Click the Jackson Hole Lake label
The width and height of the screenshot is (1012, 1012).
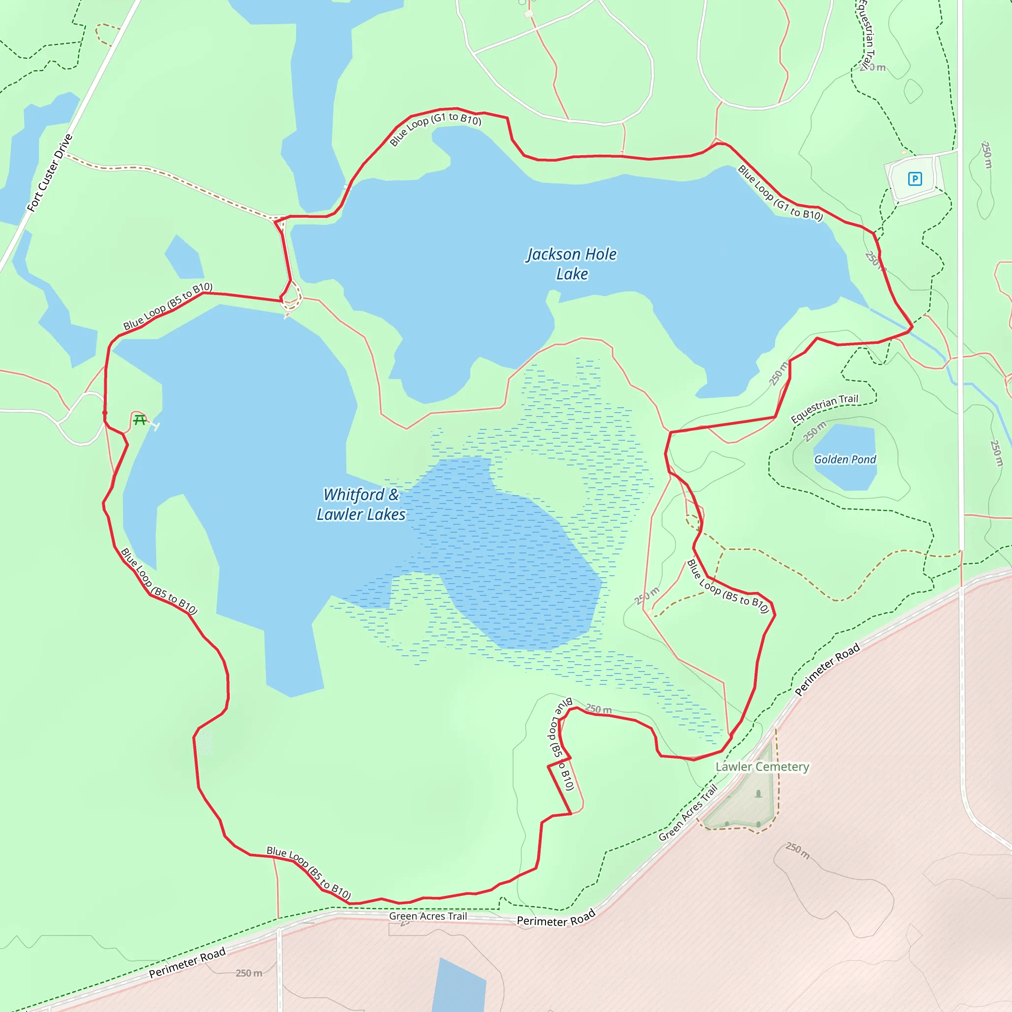[x=572, y=264]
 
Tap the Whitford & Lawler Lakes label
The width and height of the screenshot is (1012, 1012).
[x=361, y=505]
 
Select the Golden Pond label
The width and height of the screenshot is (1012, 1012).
[x=845, y=460]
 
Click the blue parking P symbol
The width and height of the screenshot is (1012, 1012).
[x=915, y=179]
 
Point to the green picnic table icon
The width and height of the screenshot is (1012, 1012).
[x=139, y=420]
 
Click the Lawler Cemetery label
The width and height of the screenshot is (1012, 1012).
[x=762, y=767]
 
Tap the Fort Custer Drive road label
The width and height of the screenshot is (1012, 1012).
[x=50, y=173]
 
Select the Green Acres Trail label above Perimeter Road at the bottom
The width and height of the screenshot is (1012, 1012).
[x=427, y=916]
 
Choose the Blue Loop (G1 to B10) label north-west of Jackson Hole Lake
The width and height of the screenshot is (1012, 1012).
[x=435, y=128]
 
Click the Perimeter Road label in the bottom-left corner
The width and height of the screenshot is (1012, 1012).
[x=187, y=963]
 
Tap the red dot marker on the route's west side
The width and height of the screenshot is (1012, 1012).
[x=105, y=413]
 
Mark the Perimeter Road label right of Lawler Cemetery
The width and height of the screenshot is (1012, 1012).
[x=827, y=670]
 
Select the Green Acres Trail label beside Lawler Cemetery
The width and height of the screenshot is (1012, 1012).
[x=688, y=812]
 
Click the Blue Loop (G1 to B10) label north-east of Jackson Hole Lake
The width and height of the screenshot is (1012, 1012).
[x=780, y=193]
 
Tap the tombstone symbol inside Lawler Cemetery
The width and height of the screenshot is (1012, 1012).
[x=759, y=794]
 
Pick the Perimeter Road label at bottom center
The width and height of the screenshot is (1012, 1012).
[x=556, y=918]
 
